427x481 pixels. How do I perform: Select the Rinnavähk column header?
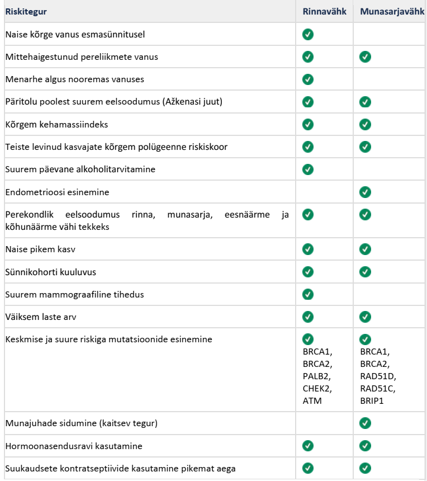click(x=324, y=11)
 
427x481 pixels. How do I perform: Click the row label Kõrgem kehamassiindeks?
click(x=56, y=124)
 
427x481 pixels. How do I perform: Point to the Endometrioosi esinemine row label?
click(x=57, y=192)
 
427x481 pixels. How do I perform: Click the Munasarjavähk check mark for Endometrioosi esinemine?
click(x=365, y=192)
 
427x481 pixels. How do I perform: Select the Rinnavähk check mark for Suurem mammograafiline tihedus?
click(x=307, y=294)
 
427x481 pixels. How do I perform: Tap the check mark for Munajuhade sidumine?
click(x=365, y=423)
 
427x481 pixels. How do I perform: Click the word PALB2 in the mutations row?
click(x=316, y=376)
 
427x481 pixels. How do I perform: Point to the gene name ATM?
click(x=311, y=400)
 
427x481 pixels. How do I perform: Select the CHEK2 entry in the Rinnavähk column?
click(x=316, y=388)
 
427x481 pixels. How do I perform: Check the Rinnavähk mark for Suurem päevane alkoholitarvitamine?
click(x=307, y=169)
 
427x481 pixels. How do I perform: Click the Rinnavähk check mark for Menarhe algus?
click(x=307, y=79)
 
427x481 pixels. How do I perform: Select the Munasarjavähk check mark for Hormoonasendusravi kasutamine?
click(x=365, y=446)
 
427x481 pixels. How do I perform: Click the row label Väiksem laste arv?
click(x=41, y=317)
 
